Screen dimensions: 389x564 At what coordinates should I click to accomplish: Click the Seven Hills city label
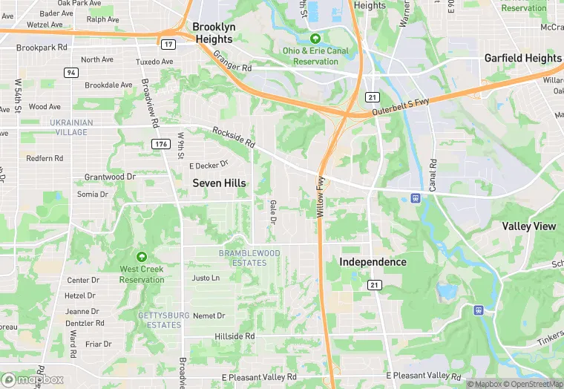tap(219, 183)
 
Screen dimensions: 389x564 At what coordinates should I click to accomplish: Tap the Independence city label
tap(373, 262)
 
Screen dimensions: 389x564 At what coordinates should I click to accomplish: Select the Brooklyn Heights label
tap(213, 33)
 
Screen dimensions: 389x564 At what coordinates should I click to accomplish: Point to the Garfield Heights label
tap(522, 58)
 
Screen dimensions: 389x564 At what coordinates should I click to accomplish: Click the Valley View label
tap(528, 226)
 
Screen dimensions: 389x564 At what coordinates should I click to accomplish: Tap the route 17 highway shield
tap(169, 44)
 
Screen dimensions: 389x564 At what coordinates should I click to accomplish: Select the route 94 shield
tap(70, 72)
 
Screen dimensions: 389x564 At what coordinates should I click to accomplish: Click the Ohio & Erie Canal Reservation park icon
tap(315, 39)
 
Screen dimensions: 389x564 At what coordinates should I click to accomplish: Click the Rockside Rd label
tap(234, 136)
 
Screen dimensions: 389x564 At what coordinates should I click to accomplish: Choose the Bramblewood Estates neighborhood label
tap(249, 258)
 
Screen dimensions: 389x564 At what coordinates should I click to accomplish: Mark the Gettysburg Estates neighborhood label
tap(160, 320)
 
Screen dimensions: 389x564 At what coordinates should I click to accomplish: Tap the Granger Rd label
tap(232, 66)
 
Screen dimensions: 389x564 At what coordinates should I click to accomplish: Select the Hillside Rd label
tap(234, 336)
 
